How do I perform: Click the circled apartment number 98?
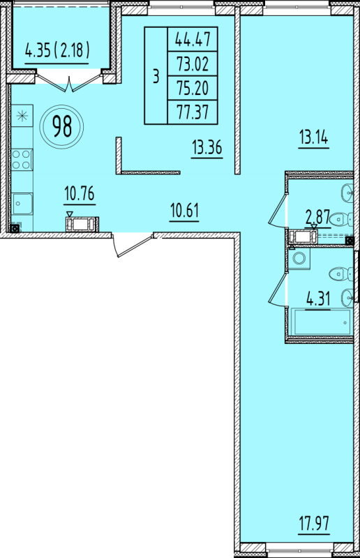click(x=62, y=127)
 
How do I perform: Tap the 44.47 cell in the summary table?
click(x=193, y=40)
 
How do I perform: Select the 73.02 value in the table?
click(x=193, y=64)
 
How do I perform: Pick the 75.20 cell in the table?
click(x=193, y=88)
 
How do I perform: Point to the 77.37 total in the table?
click(x=193, y=112)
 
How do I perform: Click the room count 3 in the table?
click(x=156, y=76)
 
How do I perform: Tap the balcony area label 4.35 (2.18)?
click(x=57, y=50)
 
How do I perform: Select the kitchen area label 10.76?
click(x=80, y=194)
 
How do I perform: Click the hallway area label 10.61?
click(x=184, y=211)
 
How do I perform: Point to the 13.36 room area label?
click(x=207, y=147)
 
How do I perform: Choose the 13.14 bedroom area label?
click(x=313, y=137)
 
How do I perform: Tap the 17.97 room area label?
click(x=315, y=524)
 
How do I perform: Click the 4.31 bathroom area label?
click(x=318, y=299)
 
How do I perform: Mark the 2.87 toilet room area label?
click(x=318, y=217)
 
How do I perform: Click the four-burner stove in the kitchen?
click(x=22, y=160)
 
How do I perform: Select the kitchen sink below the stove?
click(x=22, y=204)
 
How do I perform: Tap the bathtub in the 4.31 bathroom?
click(x=321, y=322)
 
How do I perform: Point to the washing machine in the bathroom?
click(x=299, y=257)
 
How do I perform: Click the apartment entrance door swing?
click(x=132, y=245)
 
